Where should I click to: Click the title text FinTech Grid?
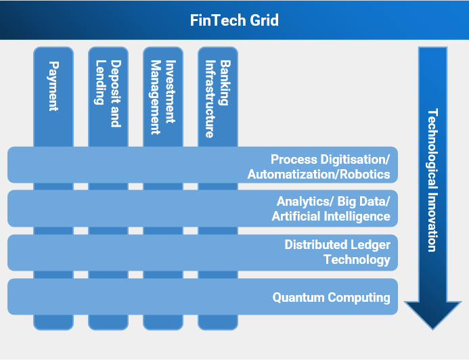pyautogui.click(x=234, y=20)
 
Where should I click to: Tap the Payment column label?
pyautogui.click(x=53, y=86)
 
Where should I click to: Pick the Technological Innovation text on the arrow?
pyautogui.click(x=432, y=179)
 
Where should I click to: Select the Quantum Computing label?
pyautogui.click(x=331, y=297)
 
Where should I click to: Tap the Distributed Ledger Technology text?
pyautogui.click(x=337, y=252)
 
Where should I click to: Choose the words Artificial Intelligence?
pyautogui.click(x=331, y=217)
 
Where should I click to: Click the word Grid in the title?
pyautogui.click(x=264, y=20)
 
